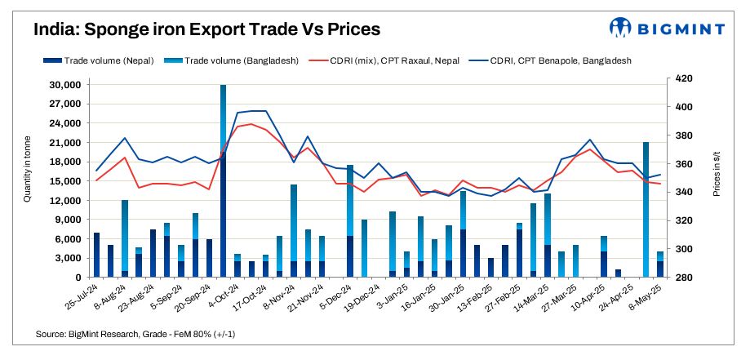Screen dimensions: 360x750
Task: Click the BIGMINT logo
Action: [x=667, y=29]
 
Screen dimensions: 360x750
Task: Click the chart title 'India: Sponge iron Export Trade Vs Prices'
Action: [x=207, y=30]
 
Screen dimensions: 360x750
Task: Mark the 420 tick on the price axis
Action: [x=685, y=78]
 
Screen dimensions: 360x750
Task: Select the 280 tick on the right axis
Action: [x=685, y=278]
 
